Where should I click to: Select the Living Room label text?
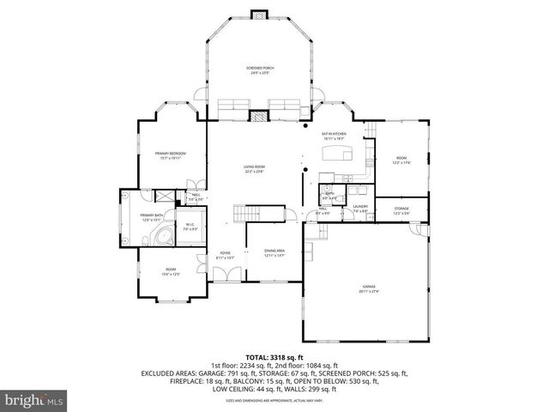[254, 168]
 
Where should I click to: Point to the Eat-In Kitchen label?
[334, 136]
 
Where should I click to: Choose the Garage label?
[370, 289]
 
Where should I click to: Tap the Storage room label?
[401, 210]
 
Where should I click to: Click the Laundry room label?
[360, 208]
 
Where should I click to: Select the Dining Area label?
[274, 252]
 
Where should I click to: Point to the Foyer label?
[226, 255]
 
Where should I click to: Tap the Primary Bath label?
[152, 217]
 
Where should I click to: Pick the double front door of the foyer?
[226, 275]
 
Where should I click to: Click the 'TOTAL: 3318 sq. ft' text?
[274, 357]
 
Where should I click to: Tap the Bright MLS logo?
[33, 398]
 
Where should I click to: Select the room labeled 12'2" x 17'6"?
[401, 161]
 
